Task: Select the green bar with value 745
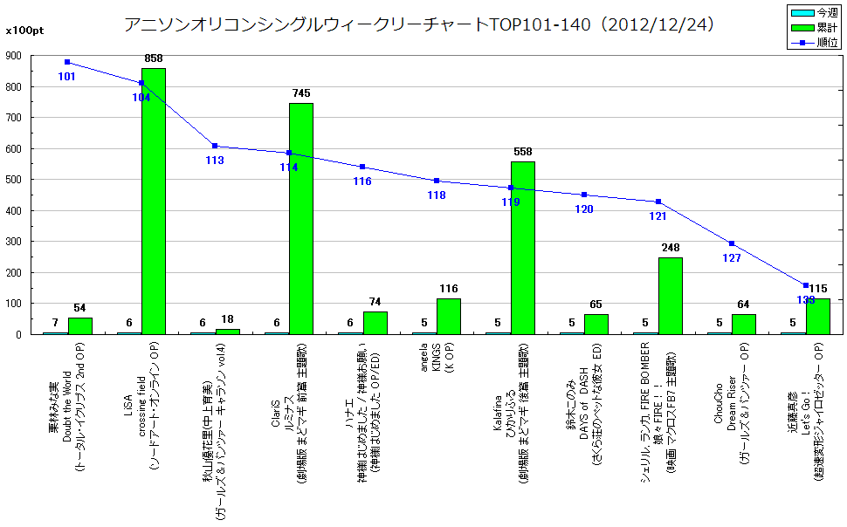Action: pyautogui.click(x=301, y=218)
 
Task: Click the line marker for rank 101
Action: pyautogui.click(x=67, y=62)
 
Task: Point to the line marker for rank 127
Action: pyautogui.click(x=732, y=243)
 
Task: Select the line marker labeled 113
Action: pyautogui.click(x=215, y=146)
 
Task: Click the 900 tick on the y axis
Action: pyautogui.click(x=14, y=55)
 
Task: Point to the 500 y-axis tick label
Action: pyautogui.click(x=14, y=180)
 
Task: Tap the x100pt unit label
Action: pyautogui.click(x=24, y=31)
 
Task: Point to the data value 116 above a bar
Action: pyautogui.click(x=449, y=289)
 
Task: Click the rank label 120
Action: pyautogui.click(x=584, y=209)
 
